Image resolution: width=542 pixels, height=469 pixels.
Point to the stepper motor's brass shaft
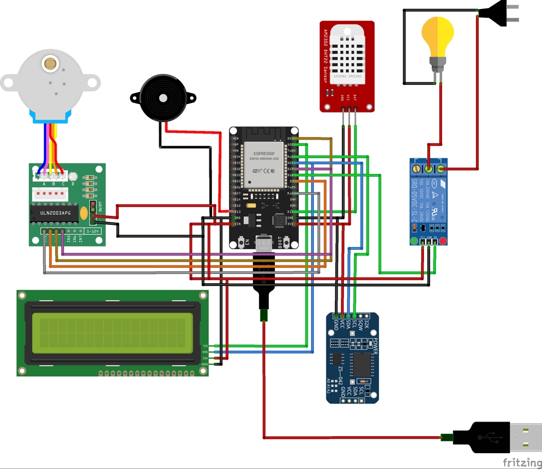pos(51,63)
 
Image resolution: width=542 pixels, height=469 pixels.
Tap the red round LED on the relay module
pos(443,242)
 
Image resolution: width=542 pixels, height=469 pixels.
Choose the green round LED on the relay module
pos(414,242)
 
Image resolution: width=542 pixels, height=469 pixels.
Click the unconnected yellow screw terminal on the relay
pos(417,168)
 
